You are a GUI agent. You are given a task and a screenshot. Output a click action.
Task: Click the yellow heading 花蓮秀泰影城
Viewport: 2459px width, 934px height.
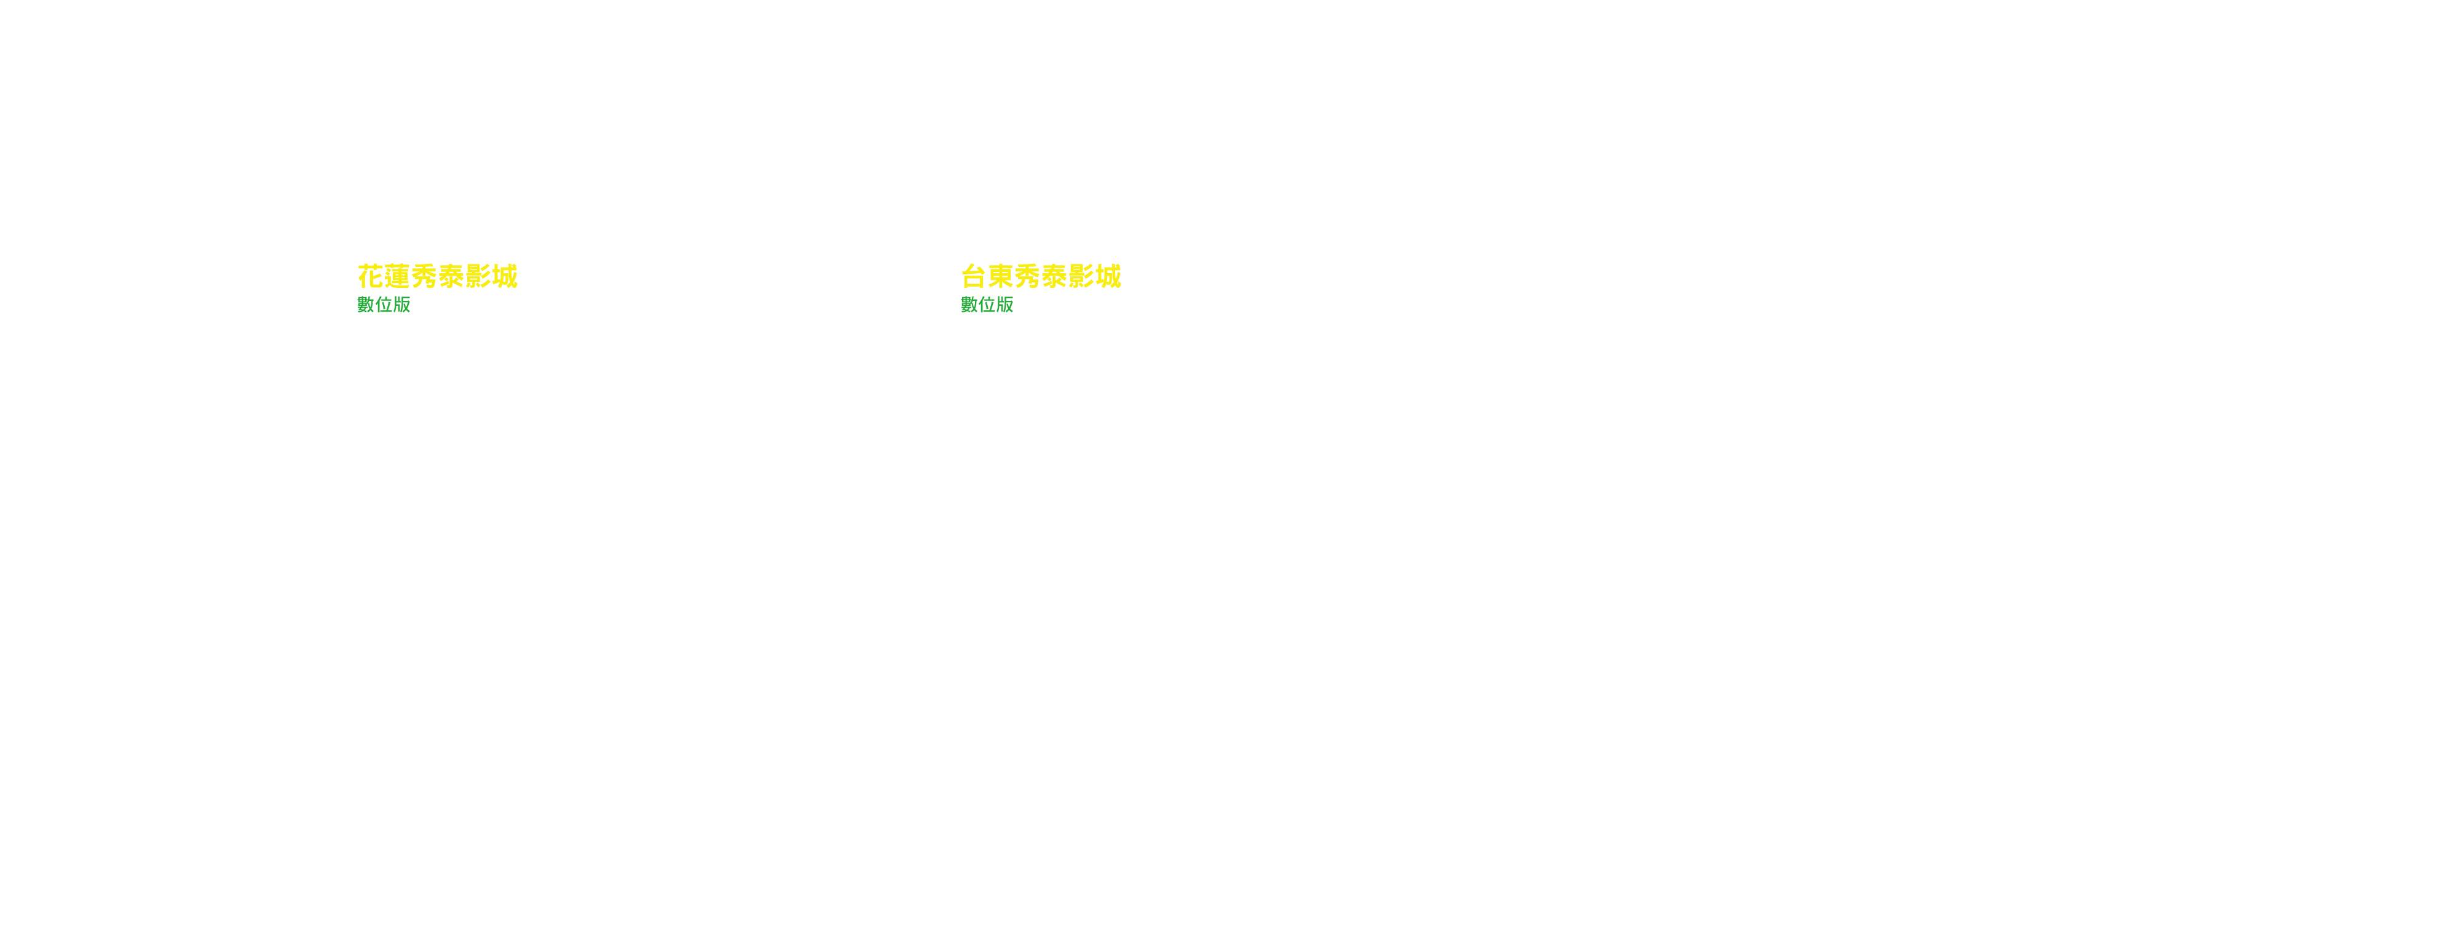coord(437,277)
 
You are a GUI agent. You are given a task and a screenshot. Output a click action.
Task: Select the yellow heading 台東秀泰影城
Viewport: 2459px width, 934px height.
coord(1041,277)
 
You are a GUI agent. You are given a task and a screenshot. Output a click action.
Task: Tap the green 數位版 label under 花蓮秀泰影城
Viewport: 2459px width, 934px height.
coord(384,305)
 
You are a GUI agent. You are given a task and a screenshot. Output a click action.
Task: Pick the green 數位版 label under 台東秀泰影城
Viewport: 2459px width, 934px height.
coord(987,305)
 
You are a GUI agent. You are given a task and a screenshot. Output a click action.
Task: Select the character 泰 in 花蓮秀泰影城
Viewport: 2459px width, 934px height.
coord(451,277)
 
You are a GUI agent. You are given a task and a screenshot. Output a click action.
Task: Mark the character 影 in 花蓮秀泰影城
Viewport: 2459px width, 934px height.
coord(478,277)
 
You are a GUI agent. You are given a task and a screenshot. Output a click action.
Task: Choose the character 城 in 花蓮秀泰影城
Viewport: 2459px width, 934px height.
coord(505,277)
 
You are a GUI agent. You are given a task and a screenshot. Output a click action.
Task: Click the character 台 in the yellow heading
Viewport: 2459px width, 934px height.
coord(974,277)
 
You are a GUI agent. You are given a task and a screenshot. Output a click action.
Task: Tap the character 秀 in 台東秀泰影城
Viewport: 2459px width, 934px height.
coord(1027,277)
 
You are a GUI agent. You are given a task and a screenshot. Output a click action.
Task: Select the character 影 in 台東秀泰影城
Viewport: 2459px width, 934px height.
coord(1081,277)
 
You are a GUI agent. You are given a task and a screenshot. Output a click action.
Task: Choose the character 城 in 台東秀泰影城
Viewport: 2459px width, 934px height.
coord(1108,277)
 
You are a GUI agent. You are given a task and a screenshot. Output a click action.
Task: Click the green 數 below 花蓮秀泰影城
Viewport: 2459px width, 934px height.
coord(366,305)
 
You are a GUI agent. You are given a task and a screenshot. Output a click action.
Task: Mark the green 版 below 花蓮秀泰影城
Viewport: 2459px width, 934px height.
coord(402,305)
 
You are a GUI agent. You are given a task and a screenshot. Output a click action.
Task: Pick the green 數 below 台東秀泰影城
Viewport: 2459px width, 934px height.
coord(969,305)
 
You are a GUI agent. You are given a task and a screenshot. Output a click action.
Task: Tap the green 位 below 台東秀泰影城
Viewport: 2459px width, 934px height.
coord(987,305)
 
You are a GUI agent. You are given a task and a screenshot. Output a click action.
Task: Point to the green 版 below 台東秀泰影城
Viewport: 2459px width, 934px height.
coord(1005,305)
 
